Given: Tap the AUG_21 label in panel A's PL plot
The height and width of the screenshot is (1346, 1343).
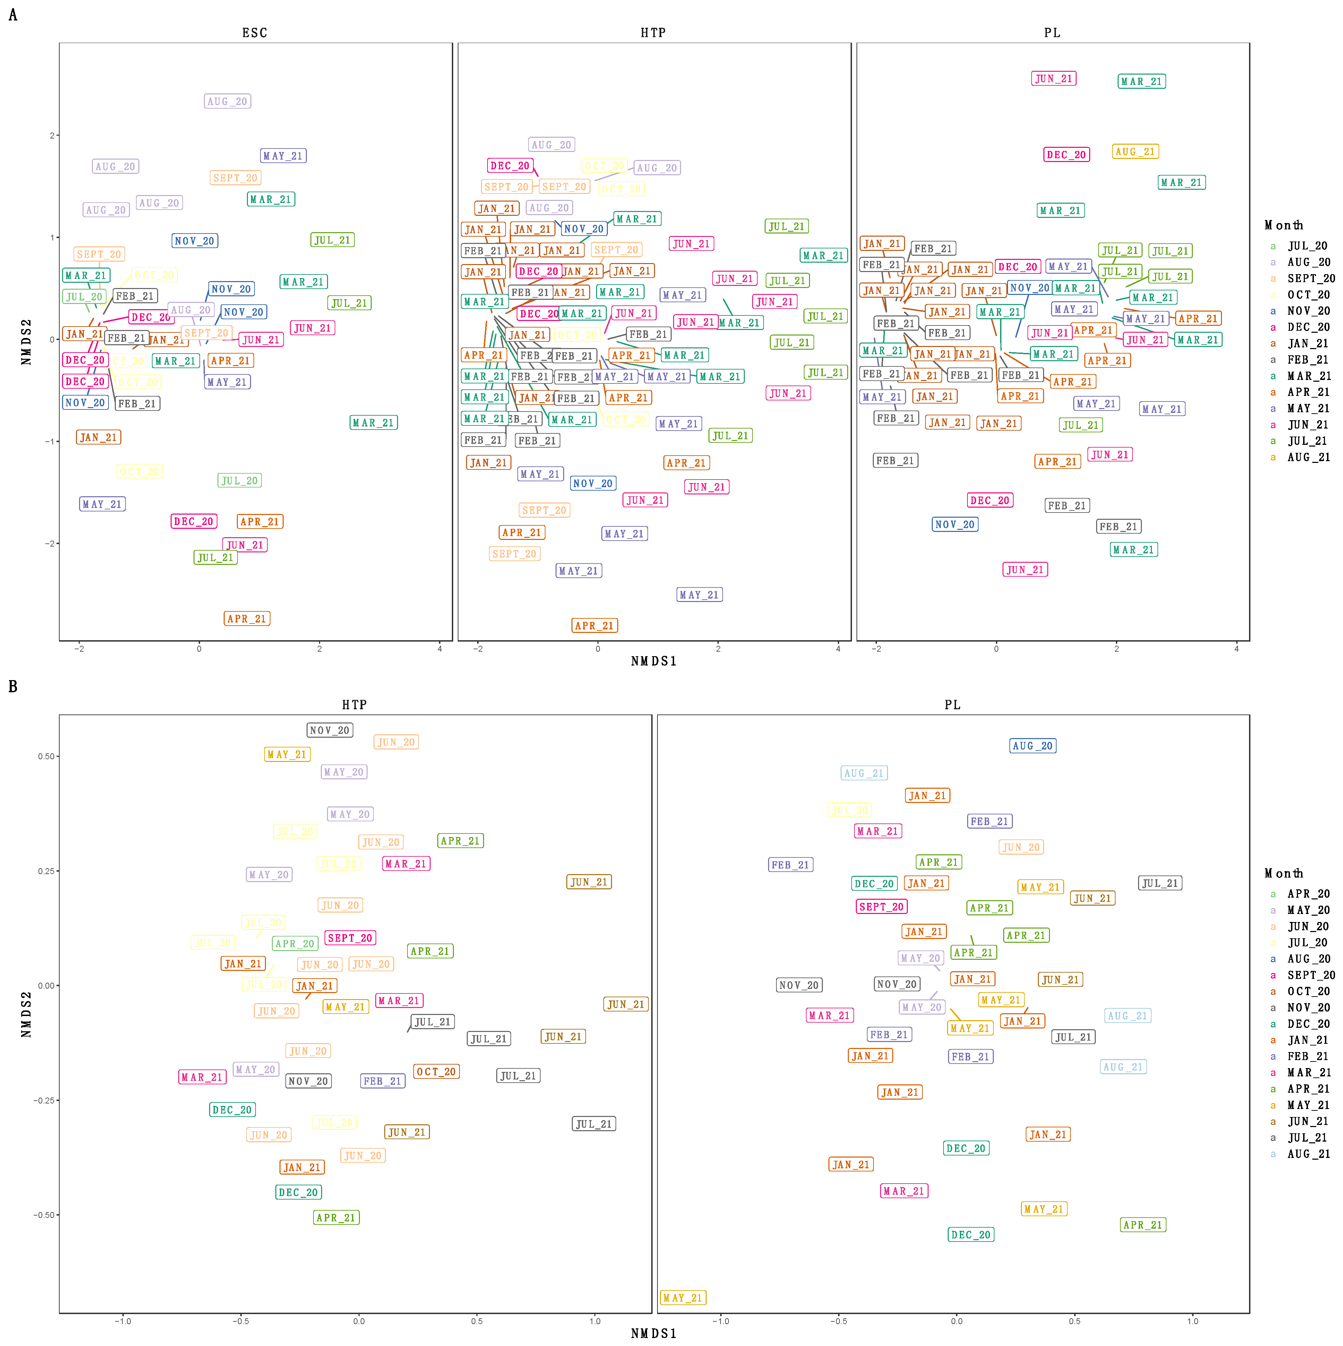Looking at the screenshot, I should pyautogui.click(x=1135, y=152).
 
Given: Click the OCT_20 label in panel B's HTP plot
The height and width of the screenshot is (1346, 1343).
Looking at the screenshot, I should pyautogui.click(x=436, y=1072).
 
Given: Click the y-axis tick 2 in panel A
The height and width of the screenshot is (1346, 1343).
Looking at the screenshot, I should pyautogui.click(x=52, y=135).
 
